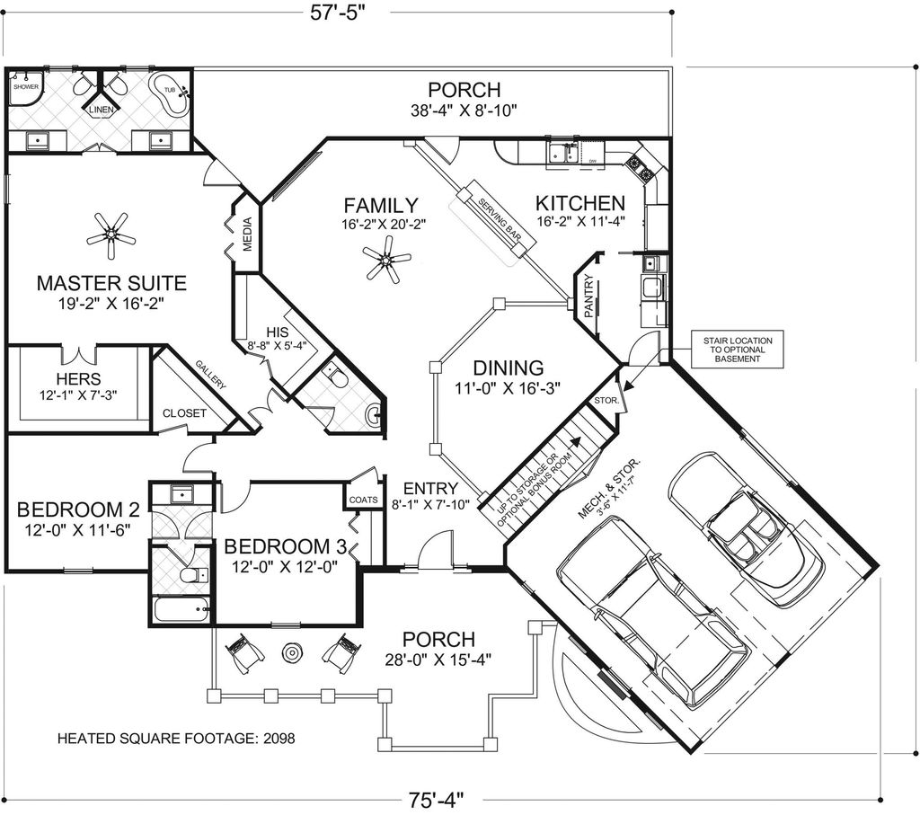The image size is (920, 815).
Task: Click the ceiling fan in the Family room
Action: (x=387, y=263)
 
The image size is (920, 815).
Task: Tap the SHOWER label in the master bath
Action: (x=25, y=87)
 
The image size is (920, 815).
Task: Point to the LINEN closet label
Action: (x=100, y=110)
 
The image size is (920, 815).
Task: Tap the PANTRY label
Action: (x=588, y=296)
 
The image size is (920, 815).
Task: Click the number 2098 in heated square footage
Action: (x=278, y=739)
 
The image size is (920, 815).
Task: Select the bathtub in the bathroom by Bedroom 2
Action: (x=181, y=610)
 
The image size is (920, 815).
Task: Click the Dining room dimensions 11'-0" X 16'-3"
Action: (x=508, y=389)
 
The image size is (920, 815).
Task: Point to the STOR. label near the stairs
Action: (x=604, y=401)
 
